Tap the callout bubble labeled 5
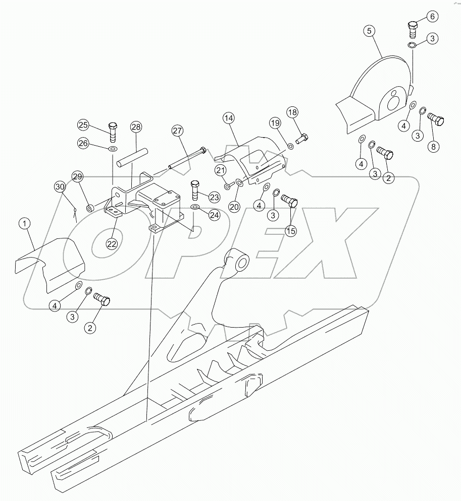(x=370, y=31)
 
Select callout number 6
(x=431, y=16)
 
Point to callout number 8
(x=433, y=147)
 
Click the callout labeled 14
(x=229, y=118)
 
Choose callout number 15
(x=291, y=231)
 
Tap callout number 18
(x=293, y=112)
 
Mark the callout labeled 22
(x=112, y=243)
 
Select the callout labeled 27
(x=177, y=132)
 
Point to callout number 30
(x=61, y=187)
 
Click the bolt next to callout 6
(x=412, y=30)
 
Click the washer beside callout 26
(x=112, y=149)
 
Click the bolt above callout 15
(x=289, y=201)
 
